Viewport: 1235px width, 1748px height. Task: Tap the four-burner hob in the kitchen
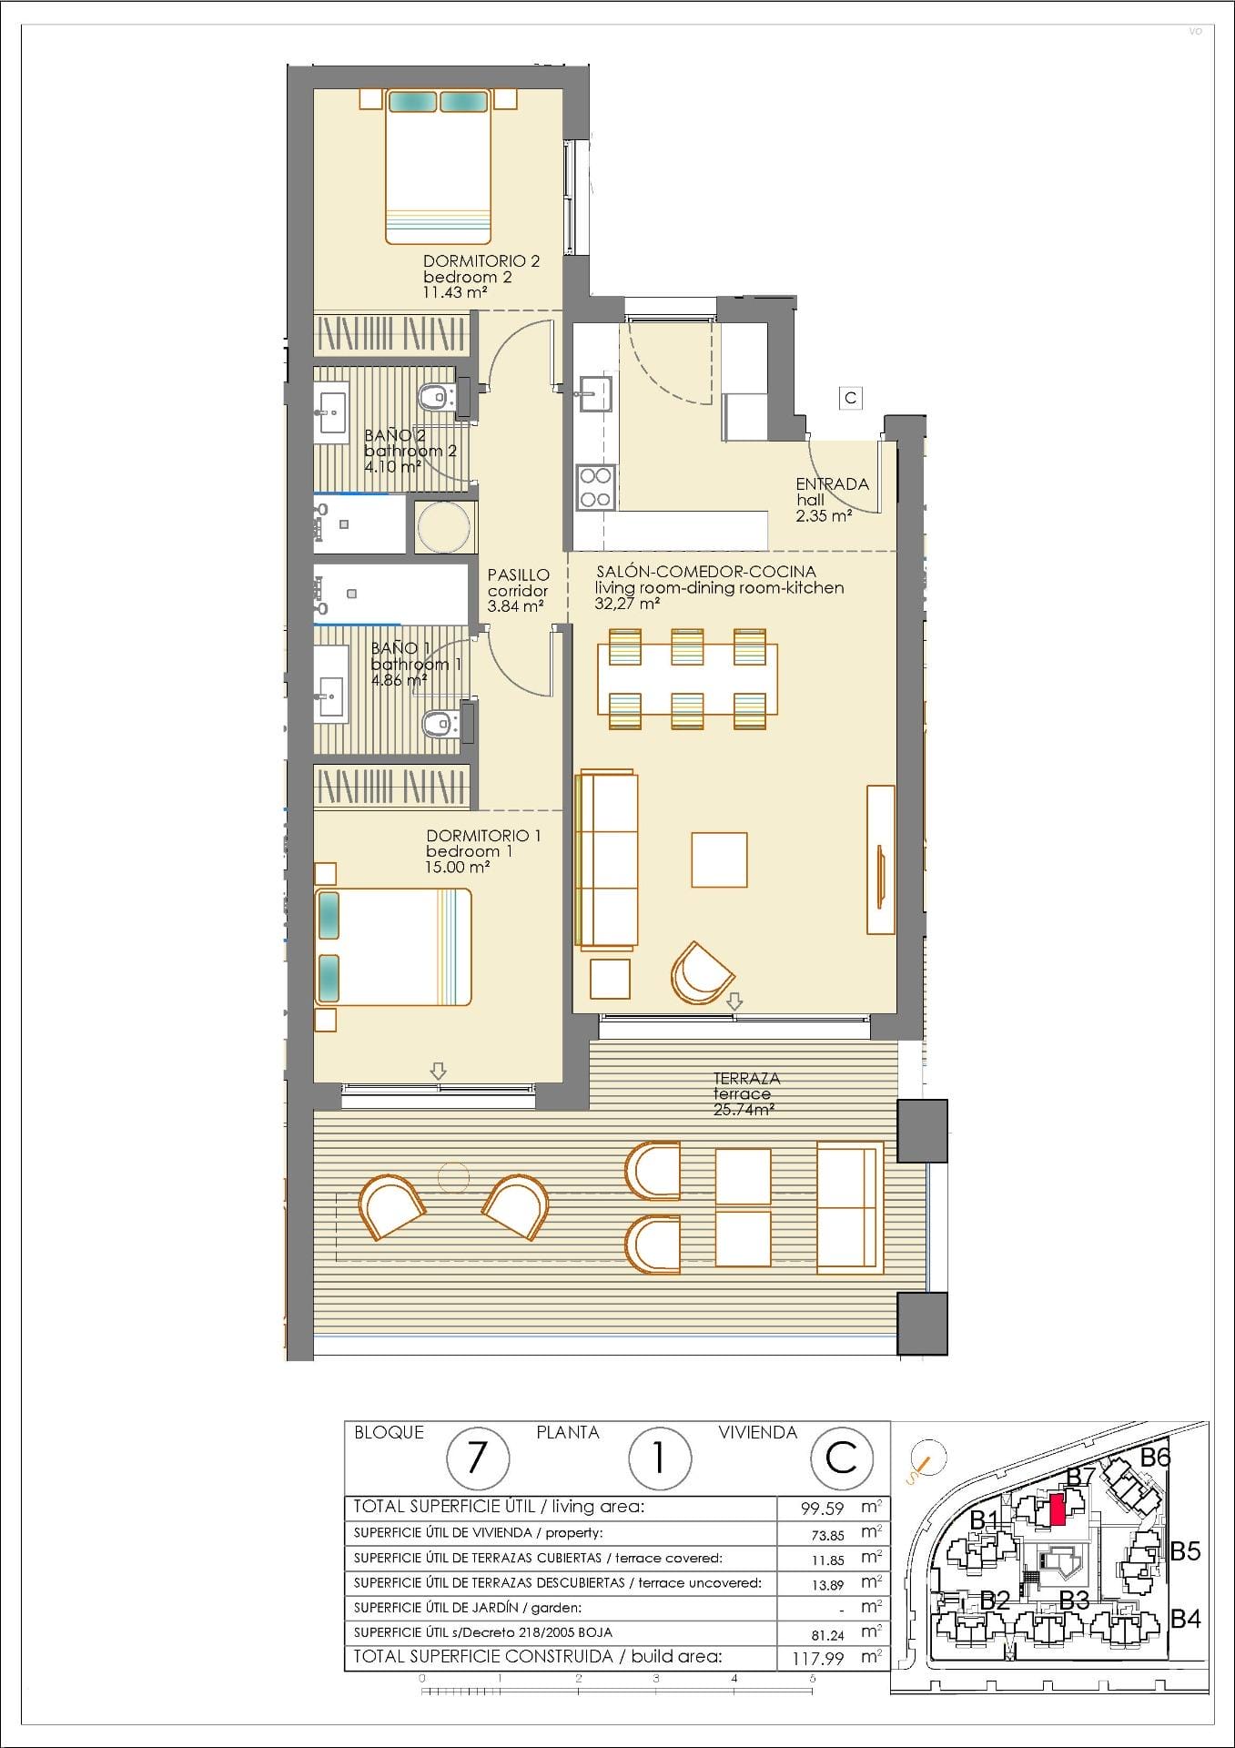pos(595,487)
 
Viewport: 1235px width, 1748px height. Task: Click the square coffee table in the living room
pos(719,859)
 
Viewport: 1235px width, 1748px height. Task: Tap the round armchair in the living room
pos(700,972)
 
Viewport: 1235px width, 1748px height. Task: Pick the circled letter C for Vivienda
pos(842,1458)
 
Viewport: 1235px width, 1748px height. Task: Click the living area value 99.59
pos(823,1508)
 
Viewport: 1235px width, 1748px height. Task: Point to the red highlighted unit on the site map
pos(1057,1510)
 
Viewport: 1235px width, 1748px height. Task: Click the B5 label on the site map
pos(1185,1550)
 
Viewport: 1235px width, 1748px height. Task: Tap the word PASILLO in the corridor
pos(519,574)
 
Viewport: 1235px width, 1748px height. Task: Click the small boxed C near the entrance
pos(850,398)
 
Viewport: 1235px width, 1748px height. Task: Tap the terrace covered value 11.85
pos(827,1560)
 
